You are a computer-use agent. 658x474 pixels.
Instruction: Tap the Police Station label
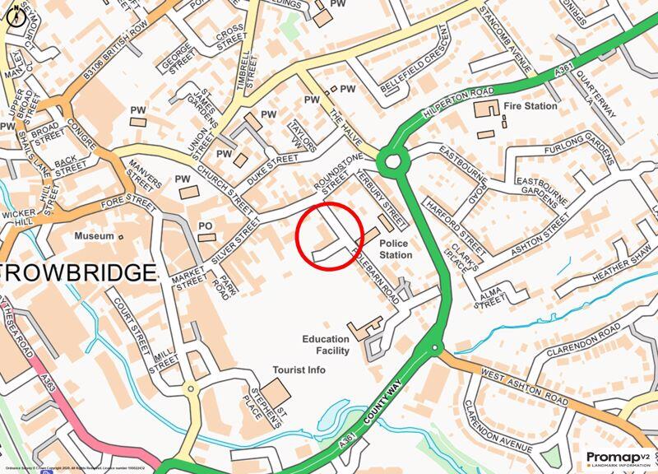pyautogui.click(x=395, y=249)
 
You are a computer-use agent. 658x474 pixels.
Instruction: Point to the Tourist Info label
pyautogui.click(x=300, y=370)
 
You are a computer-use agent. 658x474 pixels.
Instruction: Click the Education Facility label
pyautogui.click(x=326, y=345)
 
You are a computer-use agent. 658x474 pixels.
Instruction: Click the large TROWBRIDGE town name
pyautogui.click(x=78, y=272)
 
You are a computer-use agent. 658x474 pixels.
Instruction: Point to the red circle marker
pyautogui.click(x=329, y=236)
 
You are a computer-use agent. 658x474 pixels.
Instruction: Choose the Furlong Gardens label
pyautogui.click(x=580, y=151)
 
